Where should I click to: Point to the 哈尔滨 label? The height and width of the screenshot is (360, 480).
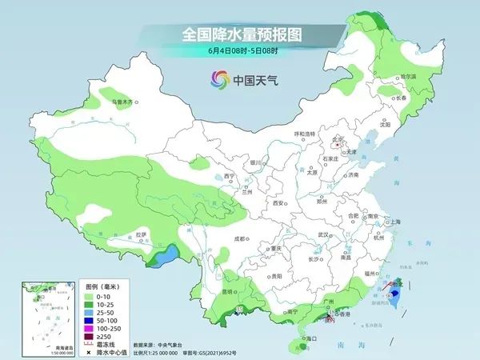point(408,77)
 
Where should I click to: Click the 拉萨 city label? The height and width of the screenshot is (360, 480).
point(142,234)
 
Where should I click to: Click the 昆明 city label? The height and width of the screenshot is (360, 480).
point(230,292)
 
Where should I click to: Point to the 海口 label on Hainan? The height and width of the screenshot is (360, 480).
point(304,339)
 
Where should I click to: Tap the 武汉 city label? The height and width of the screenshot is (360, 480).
point(323,234)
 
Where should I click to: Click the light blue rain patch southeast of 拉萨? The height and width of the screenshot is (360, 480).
point(166,258)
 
